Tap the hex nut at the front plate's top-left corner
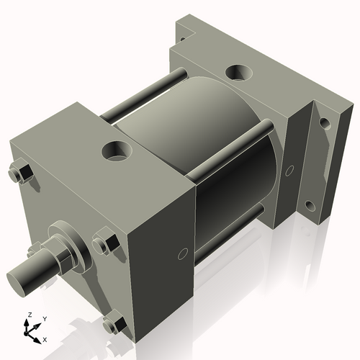point(22,175)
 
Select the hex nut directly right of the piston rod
point(105,245)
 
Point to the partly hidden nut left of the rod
point(32,251)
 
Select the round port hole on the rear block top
point(237,73)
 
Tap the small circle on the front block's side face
point(182,253)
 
